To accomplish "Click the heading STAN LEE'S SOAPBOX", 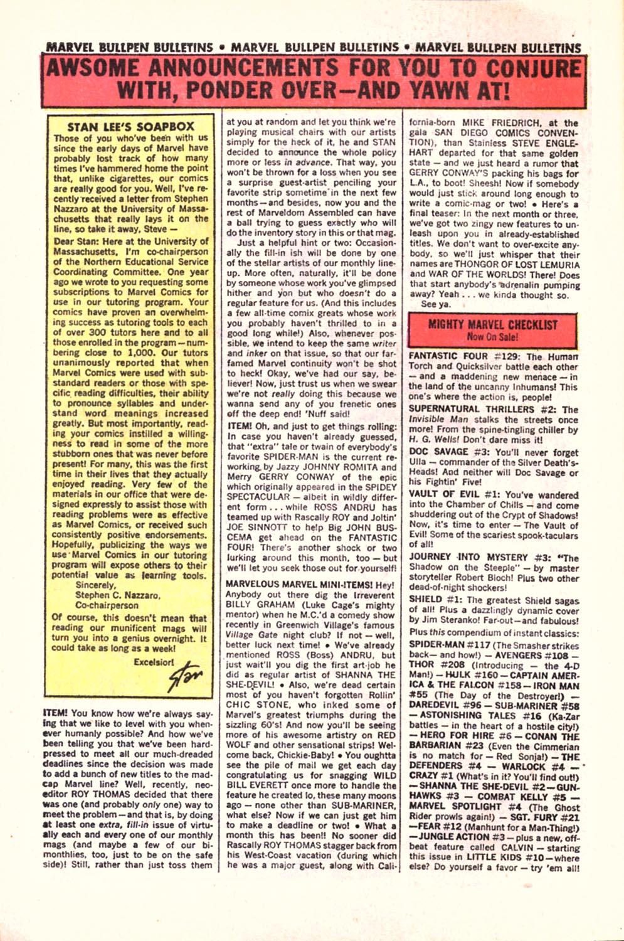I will coord(130,126).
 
